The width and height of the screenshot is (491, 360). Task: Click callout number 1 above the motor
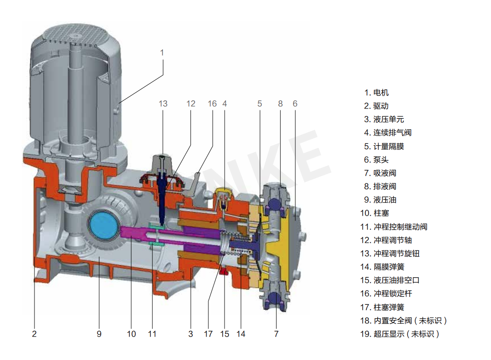(162, 53)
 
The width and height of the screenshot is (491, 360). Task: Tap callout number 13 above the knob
(163, 103)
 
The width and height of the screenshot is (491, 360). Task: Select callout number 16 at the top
(212, 103)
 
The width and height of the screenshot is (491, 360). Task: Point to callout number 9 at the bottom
(99, 334)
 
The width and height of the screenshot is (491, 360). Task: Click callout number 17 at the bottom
(208, 334)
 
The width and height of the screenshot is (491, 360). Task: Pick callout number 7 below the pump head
(276, 334)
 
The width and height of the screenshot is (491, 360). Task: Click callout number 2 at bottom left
(34, 334)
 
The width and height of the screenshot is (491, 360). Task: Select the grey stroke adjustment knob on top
(164, 164)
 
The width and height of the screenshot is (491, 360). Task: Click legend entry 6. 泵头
(376, 160)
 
